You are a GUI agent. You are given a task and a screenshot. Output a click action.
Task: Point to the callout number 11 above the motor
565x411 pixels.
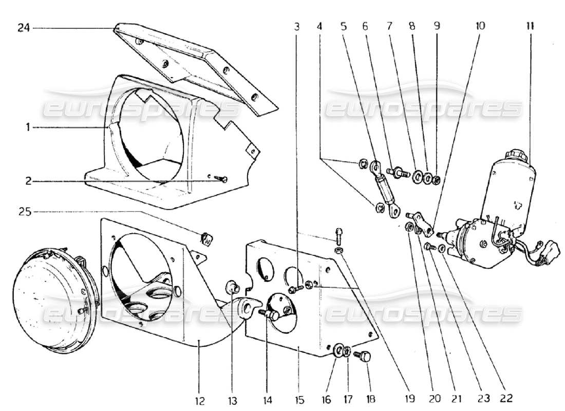pyautogui.click(x=530, y=26)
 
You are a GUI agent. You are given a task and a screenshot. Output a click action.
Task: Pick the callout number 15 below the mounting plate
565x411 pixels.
pyautogui.click(x=299, y=399)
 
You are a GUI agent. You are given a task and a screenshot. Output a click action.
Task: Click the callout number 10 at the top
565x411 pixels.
pyautogui.click(x=480, y=26)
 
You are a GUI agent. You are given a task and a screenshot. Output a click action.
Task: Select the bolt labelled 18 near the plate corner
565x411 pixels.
pyautogui.click(x=366, y=356)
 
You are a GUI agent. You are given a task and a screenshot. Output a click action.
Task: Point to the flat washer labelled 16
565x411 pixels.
pyautogui.click(x=339, y=351)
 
